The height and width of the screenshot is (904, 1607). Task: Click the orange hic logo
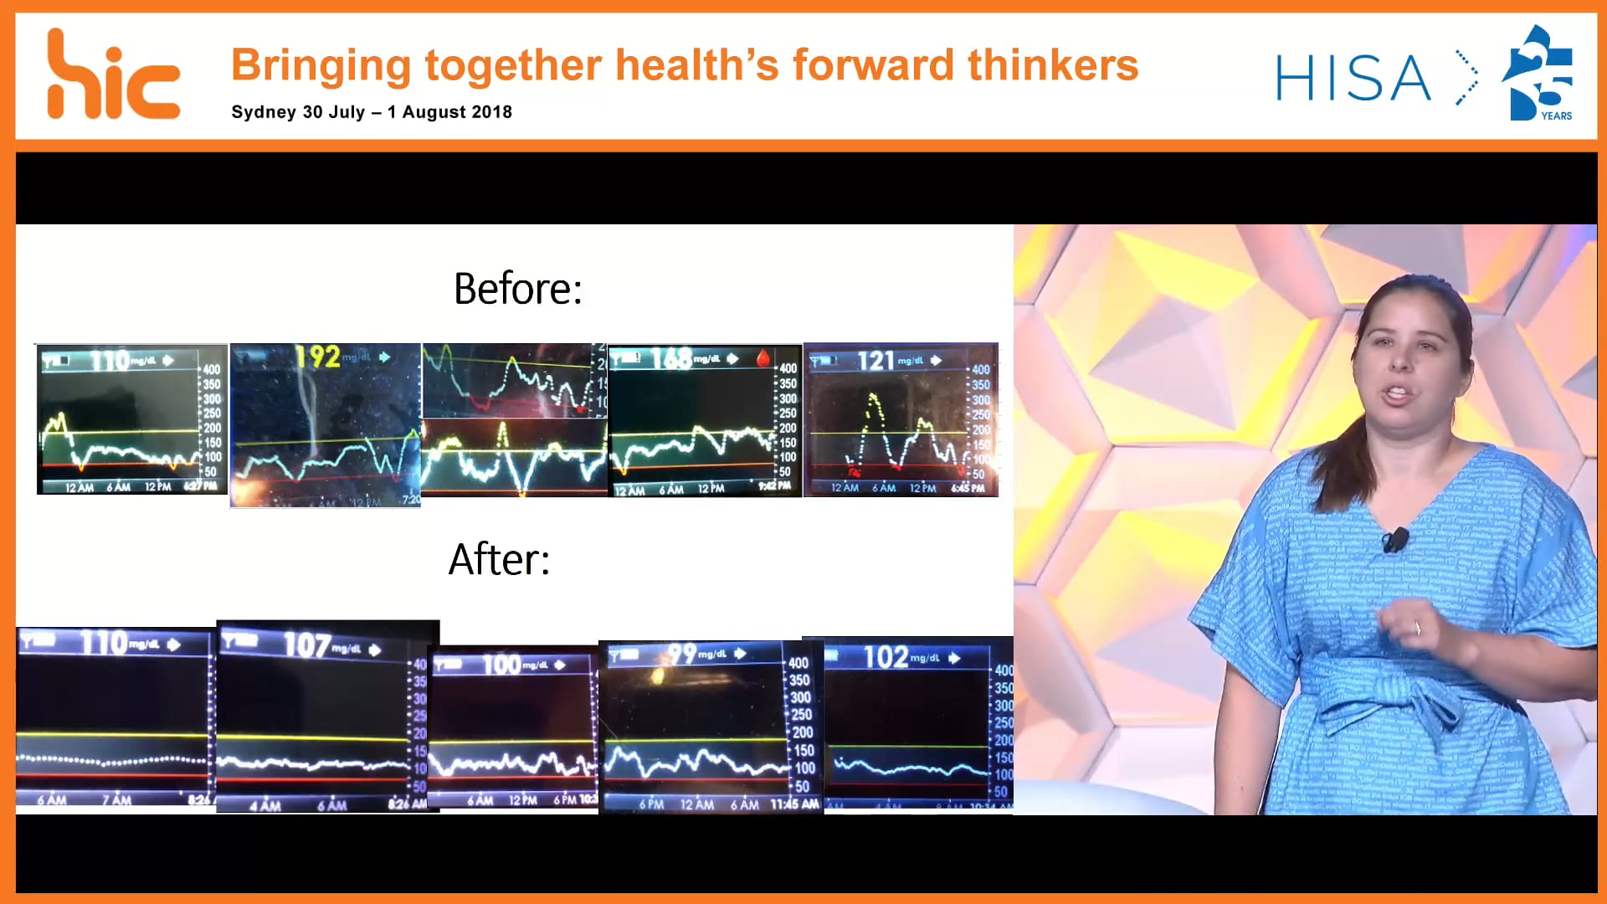tap(112, 76)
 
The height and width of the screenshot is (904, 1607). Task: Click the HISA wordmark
tap(1353, 78)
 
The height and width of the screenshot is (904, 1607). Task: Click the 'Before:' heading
tap(517, 290)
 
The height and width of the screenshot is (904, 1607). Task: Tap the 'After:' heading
tap(499, 560)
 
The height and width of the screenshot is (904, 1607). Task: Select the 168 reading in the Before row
tap(671, 359)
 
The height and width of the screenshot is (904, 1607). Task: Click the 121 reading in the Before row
tap(875, 361)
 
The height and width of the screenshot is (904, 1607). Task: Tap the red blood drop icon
tap(762, 359)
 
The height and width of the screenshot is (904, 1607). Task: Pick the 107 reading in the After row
tap(306, 645)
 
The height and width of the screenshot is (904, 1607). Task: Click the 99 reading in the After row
tap(682, 653)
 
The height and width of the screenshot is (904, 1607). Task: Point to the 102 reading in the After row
tap(886, 657)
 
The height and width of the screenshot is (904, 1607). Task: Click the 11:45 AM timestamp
tap(794, 804)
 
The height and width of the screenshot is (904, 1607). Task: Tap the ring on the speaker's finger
tap(1417, 628)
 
